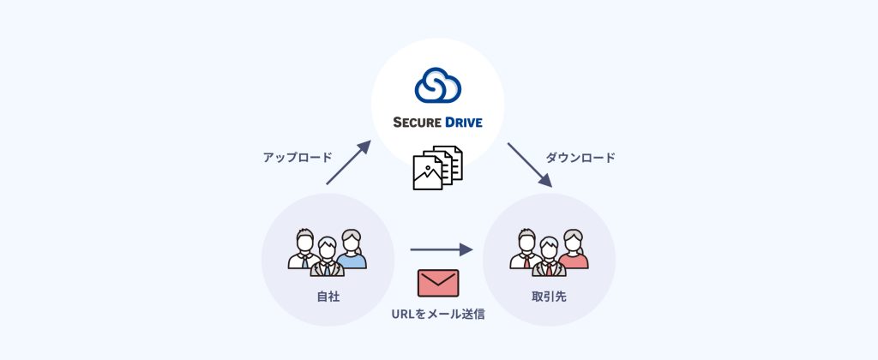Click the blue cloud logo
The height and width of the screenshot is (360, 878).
pos(437,85)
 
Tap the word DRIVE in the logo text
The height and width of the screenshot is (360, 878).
pos(462,122)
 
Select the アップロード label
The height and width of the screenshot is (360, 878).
pos(298,158)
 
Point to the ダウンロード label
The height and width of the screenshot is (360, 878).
pos(580,158)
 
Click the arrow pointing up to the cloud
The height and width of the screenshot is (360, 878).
pos(348,162)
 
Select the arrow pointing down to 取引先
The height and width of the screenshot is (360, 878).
pos(529,165)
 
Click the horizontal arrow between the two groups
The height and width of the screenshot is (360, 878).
pos(442,250)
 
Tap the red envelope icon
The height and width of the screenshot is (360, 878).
pos(438,283)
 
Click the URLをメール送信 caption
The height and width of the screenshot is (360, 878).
pos(438,315)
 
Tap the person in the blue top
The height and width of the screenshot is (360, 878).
pos(351,250)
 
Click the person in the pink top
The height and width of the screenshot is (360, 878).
pos(573,250)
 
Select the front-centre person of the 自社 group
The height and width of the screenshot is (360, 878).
pos(327,258)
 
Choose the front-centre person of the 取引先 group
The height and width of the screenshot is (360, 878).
pos(549,258)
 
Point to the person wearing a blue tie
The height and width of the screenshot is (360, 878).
pos(304,249)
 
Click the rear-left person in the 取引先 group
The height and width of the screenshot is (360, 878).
pos(526,249)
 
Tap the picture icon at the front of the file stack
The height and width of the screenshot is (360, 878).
pos(428,174)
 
